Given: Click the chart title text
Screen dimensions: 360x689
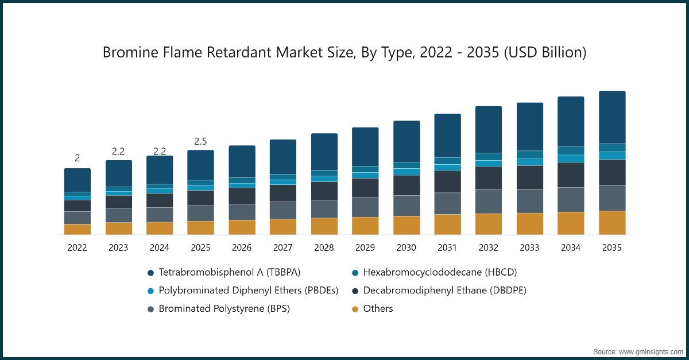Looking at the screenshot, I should point(344,53).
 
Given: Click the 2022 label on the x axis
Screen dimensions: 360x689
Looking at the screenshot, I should point(77,248).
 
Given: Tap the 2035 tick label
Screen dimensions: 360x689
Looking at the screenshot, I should point(612,248).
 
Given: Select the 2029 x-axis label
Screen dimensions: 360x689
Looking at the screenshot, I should point(365,248).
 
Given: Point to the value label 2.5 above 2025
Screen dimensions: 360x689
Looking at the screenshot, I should point(200,141).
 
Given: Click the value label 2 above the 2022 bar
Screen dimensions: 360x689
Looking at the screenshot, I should point(77,158).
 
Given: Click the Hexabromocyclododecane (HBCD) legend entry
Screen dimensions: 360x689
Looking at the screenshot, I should point(436,272).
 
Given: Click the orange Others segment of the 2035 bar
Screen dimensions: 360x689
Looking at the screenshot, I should point(612,223).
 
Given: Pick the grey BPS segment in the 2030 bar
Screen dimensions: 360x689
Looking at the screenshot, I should point(407,206).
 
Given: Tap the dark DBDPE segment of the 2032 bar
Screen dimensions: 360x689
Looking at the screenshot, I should point(489,178).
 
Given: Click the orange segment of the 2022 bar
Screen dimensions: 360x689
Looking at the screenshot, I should point(77,229).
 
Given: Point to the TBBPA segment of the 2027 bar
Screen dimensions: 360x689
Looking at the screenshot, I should point(283,156).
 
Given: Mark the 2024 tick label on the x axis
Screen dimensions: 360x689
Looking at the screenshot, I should point(160,248).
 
